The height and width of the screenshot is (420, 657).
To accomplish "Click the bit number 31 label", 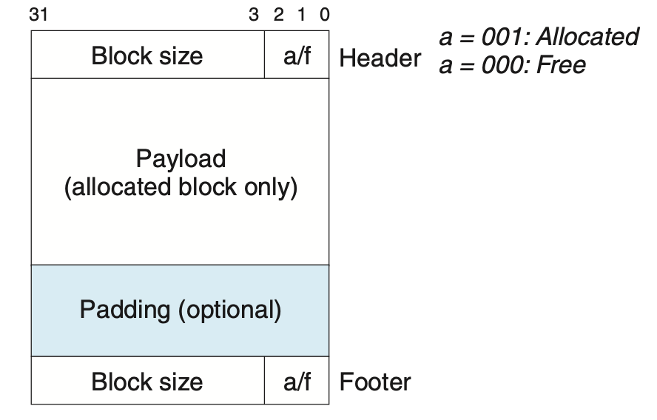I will point(38,15).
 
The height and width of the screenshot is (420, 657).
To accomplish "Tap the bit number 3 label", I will point(254,15).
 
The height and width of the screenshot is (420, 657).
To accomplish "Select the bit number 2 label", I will point(278,15).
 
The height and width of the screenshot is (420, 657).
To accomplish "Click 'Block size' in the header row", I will point(146,55).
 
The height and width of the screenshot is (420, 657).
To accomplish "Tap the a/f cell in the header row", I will point(297,55).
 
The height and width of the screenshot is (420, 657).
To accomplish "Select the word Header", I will point(380,58).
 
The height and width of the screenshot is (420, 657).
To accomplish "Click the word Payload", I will point(181,158).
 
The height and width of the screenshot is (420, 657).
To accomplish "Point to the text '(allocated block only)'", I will point(181,188).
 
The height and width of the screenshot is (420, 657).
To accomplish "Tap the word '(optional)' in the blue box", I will point(229,309).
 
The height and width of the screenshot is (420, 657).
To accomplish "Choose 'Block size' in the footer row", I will point(146,382).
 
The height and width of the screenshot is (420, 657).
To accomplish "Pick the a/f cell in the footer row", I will point(297,382).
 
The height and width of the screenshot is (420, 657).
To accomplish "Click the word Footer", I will point(375,382).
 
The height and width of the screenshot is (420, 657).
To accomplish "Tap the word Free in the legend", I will point(562,65).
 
